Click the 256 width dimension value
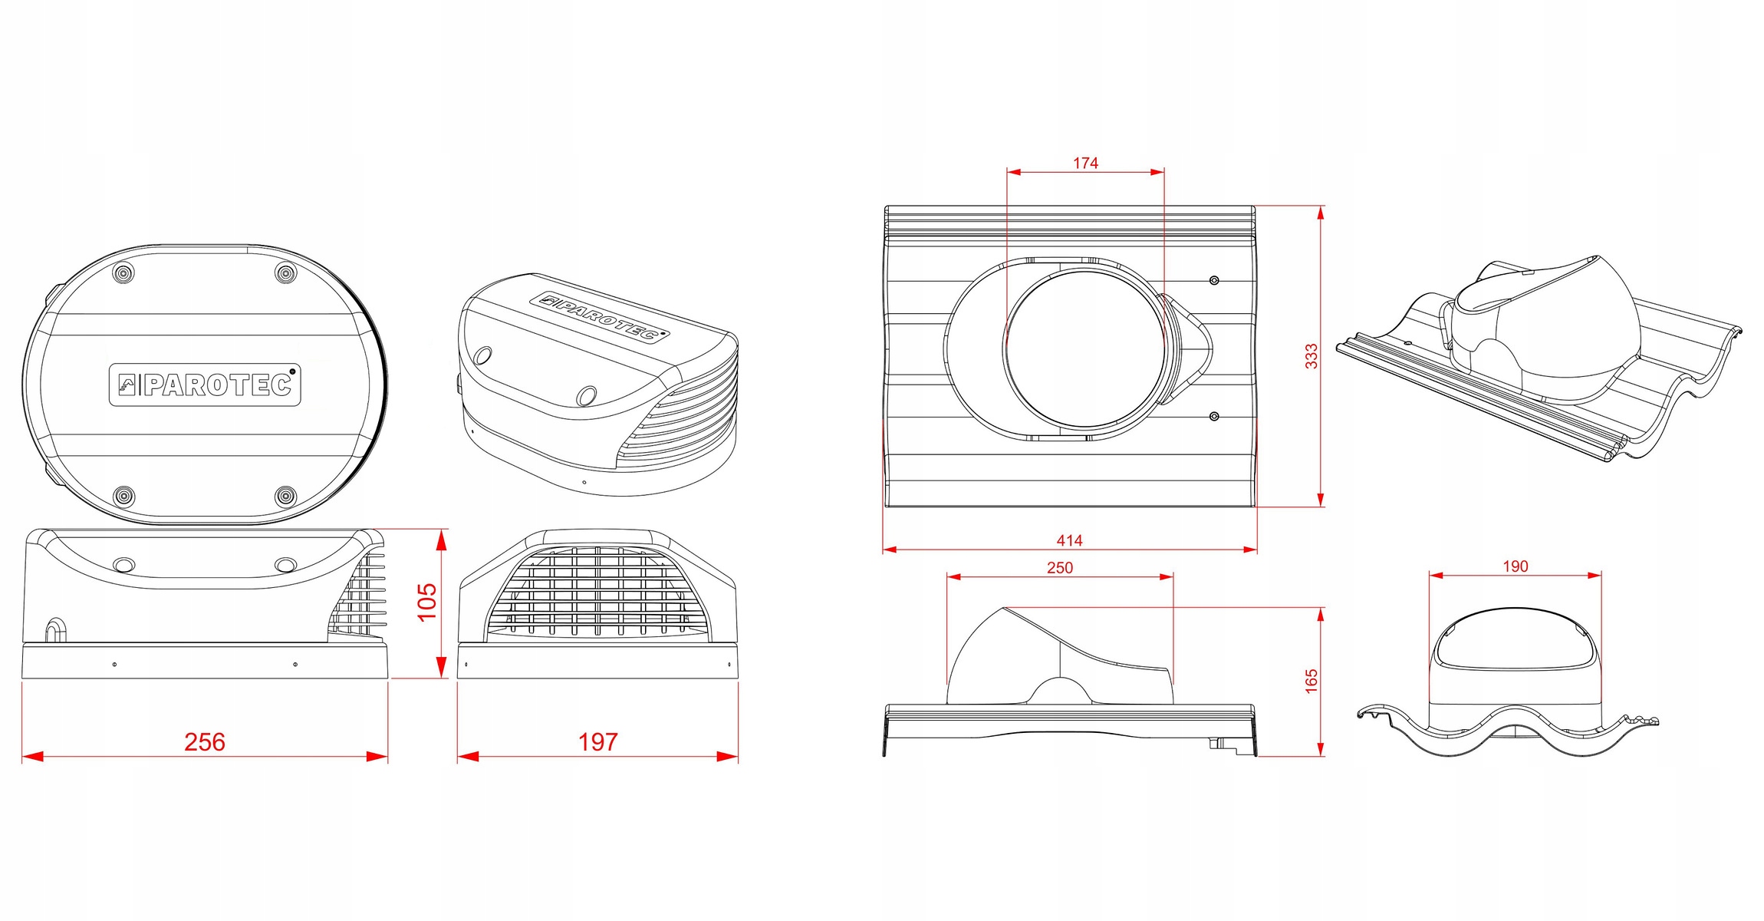pos(205,741)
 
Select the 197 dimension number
pos(597,741)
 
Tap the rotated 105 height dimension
pos(426,602)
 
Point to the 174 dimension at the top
pos(1085,163)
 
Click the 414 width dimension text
pos(1069,540)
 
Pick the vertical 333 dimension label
pos(1311,356)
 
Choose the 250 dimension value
pos(1060,567)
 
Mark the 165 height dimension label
pos(1311,682)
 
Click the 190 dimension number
pos(1516,566)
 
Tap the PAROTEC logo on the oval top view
pos(205,385)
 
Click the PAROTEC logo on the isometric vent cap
pos(599,316)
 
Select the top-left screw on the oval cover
pos(123,272)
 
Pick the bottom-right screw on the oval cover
pos(285,496)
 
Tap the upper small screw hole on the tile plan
pos(1214,280)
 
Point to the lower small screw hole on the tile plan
pos(1214,416)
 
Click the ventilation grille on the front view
pos(597,591)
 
